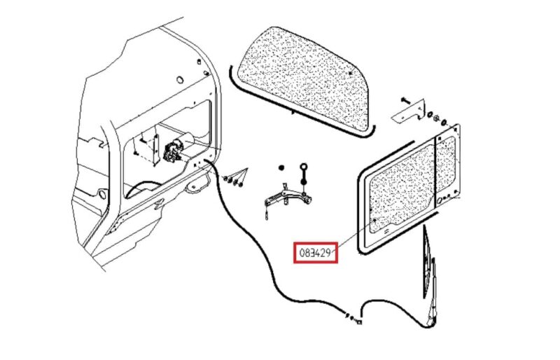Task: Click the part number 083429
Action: click(314, 253)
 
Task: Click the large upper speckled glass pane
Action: click(303, 77)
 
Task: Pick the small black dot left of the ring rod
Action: click(281, 167)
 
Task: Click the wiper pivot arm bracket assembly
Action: click(288, 201)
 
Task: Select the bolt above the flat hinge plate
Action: click(405, 99)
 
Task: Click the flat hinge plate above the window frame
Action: click(409, 111)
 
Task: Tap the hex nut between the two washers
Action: click(436, 118)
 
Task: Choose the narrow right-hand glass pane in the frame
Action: click(446, 164)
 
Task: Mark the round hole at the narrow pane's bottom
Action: click(440, 201)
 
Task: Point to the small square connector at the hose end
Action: click(359, 322)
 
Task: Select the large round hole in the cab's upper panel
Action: click(180, 80)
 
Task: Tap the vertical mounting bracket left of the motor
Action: click(155, 150)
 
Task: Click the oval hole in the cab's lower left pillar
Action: click(102, 195)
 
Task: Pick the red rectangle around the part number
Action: click(316, 253)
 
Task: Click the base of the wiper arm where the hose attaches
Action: click(431, 321)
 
